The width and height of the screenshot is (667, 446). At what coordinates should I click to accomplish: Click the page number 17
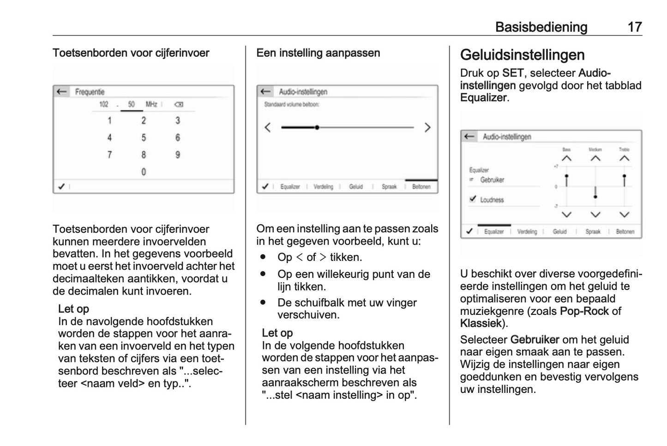tap(635, 27)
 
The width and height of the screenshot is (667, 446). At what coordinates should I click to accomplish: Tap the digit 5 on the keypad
tap(144, 138)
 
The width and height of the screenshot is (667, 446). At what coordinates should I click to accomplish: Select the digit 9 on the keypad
tap(178, 155)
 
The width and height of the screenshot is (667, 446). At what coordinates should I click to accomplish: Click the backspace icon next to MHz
tap(179, 105)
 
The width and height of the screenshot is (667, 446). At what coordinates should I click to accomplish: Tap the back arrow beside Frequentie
tap(61, 92)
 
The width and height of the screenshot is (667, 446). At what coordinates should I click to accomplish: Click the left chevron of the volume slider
tap(268, 127)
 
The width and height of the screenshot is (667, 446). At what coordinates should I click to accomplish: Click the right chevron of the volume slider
tap(427, 127)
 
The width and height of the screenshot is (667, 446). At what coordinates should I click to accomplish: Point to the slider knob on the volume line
tap(317, 127)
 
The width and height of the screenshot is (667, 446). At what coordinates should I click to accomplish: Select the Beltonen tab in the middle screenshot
tap(421, 187)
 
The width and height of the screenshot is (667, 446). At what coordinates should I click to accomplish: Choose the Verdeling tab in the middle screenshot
tap(323, 187)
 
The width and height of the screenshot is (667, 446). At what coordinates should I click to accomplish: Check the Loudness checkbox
tap(473, 199)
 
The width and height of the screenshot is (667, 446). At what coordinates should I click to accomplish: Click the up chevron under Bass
tap(566, 158)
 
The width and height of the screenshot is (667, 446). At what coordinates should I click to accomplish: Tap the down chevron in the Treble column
tap(624, 215)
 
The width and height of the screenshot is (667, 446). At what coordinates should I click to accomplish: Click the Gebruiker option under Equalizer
tap(492, 180)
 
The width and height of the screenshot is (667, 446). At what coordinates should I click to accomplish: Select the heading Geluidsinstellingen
tap(522, 55)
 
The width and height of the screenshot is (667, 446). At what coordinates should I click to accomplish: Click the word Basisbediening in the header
tap(541, 27)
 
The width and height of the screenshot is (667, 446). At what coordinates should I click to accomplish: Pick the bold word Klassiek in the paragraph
tap(481, 323)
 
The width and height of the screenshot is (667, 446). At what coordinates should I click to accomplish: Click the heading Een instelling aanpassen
tap(318, 53)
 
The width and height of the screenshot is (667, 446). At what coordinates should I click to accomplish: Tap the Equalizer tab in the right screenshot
tap(493, 232)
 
